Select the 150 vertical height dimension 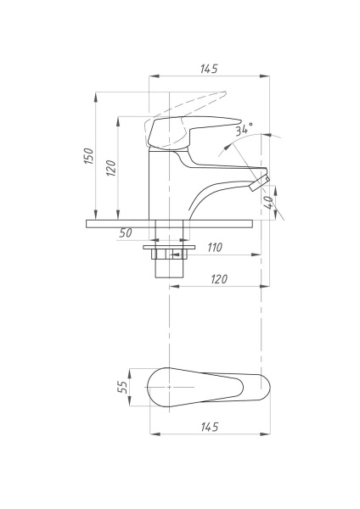click(88, 156)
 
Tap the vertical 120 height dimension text click(110, 166)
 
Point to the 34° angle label click(245, 130)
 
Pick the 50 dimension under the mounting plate click(125, 232)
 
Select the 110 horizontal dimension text click(214, 248)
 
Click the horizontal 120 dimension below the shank click(219, 278)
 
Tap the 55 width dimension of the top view click(122, 386)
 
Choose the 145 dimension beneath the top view click(209, 426)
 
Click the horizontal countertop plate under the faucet click(170, 223)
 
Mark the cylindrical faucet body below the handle click(161, 182)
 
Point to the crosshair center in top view click(170, 386)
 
